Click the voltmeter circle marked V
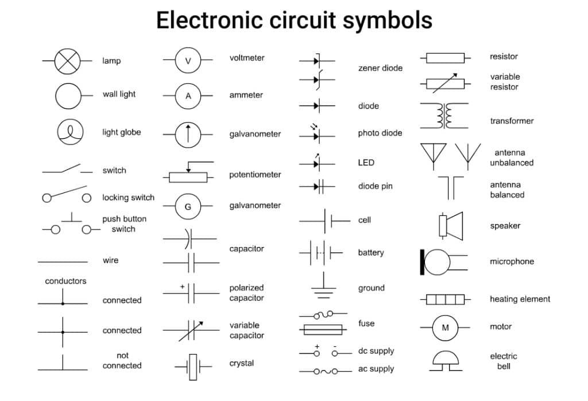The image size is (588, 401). (188, 60)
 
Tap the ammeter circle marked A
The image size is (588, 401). (188, 97)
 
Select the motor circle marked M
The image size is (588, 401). (445, 327)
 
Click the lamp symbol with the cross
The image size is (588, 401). (67, 60)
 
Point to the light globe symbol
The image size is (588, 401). (70, 132)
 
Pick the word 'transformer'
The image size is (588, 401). (512, 121)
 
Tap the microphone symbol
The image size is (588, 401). (438, 262)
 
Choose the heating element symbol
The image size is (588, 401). (445, 299)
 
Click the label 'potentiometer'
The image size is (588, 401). (255, 175)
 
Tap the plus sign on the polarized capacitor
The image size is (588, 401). (183, 286)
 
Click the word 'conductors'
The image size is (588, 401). (65, 281)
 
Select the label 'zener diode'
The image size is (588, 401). (380, 68)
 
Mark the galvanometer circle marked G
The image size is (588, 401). (188, 207)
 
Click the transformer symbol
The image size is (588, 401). (444, 116)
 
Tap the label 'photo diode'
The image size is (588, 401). (380, 133)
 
